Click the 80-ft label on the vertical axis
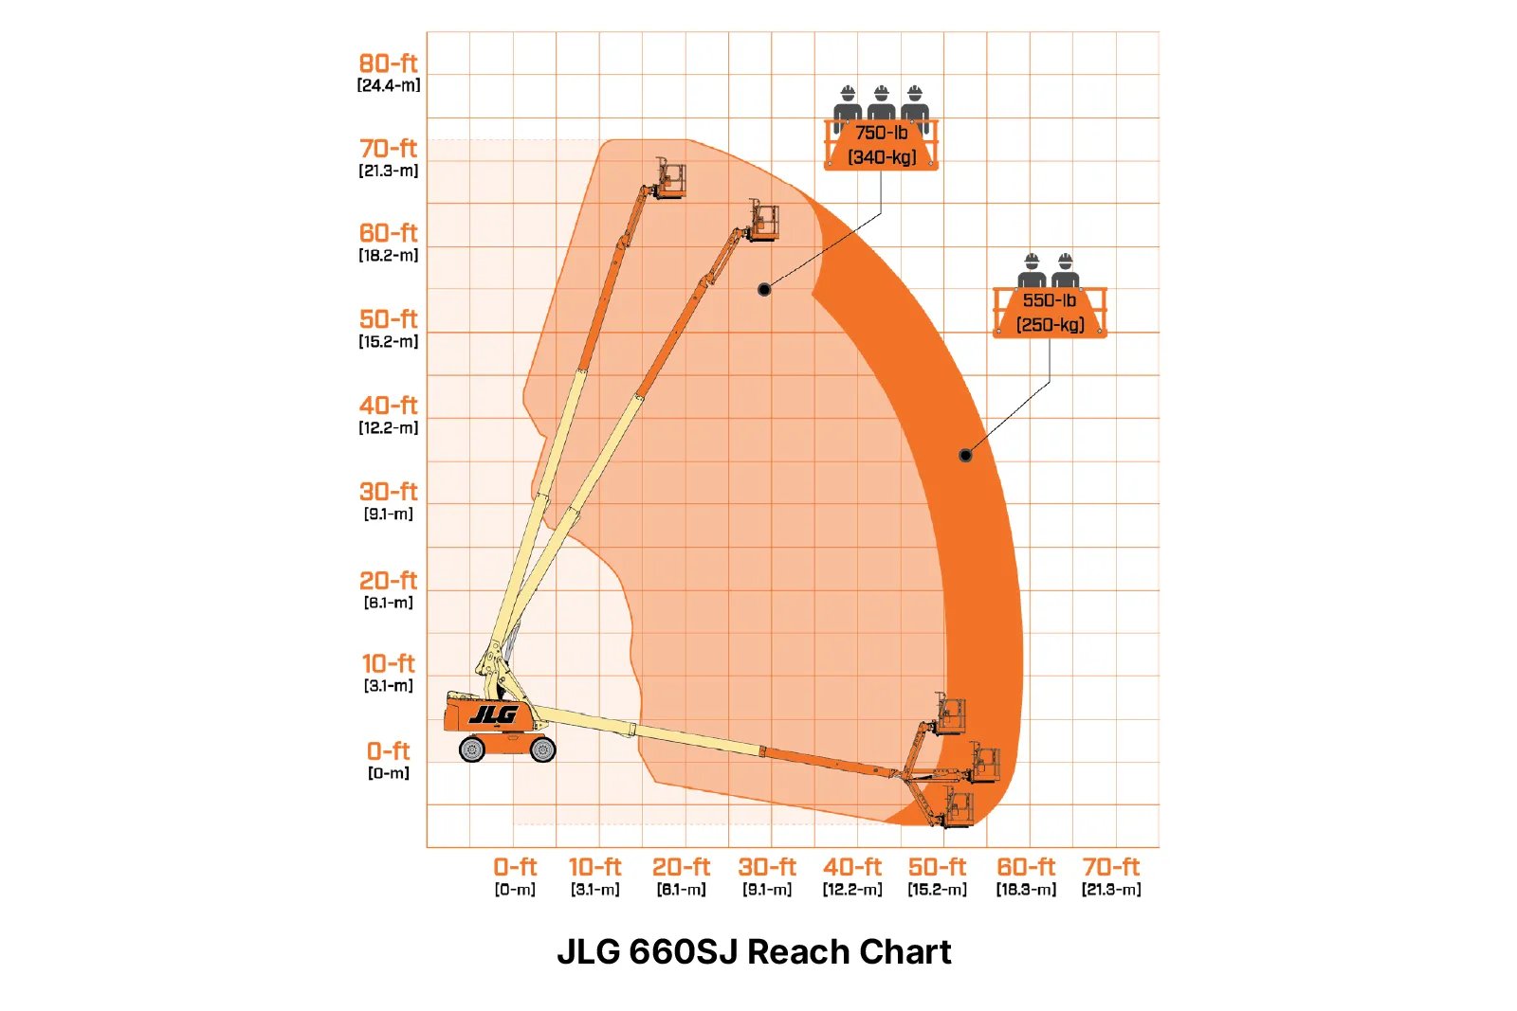pos(388,63)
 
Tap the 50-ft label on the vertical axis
pos(388,318)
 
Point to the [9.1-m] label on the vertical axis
pos(388,514)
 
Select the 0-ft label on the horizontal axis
pos(515,867)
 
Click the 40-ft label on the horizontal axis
pos(852,867)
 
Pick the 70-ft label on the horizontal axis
pos(1110,867)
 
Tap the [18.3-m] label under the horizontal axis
pos(1025,889)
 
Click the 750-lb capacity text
pos(881,133)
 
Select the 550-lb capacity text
pos(1049,300)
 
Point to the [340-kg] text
pos(882,157)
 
